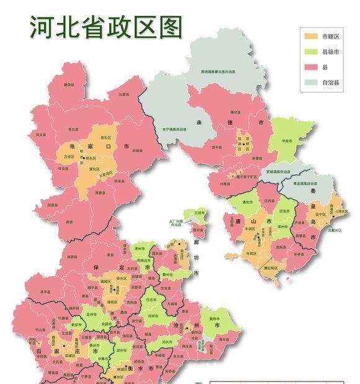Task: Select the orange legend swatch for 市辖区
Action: tap(310, 36)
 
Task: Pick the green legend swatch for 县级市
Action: tap(310, 51)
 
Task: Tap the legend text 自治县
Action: tap(330, 81)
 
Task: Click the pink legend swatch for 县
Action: tap(310, 66)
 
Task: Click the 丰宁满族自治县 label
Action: tap(173, 129)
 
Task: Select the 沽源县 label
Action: tap(117, 95)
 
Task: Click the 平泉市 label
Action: tap(287, 141)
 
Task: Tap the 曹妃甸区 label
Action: tap(271, 269)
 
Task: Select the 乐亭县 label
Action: tap(299, 247)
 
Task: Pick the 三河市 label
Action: tap(199, 213)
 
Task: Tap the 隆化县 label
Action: tap(235, 112)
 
